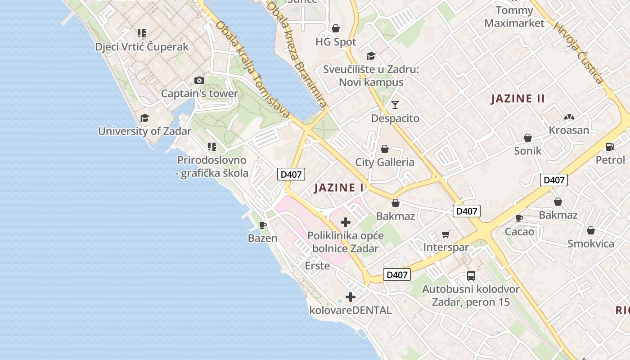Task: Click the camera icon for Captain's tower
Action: pos(199,81)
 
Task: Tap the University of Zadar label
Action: pos(144,131)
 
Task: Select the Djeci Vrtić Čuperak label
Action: pos(142,47)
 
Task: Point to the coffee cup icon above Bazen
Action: pos(263,225)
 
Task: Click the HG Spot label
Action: pos(336,42)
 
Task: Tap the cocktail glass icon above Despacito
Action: pos(395,105)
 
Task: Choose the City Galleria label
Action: pos(385,162)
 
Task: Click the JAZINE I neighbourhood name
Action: pos(339,188)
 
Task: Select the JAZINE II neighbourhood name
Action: pos(518,99)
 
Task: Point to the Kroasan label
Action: pos(569,130)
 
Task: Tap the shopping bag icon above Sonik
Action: pos(527,138)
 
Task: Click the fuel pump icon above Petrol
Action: pos(610,146)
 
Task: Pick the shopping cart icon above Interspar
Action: pos(445,234)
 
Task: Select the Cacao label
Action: pos(519,232)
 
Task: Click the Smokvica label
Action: pos(590,244)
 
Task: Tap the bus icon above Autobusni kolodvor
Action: pos(471,276)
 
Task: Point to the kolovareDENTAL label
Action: pos(351,310)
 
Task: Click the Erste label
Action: pos(317,266)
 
